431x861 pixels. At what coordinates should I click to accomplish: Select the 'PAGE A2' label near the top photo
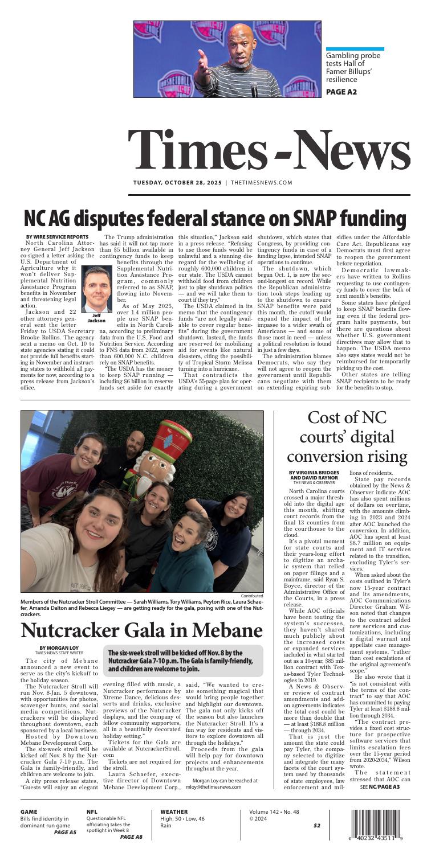[341, 91]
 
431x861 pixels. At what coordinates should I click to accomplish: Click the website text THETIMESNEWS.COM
[261, 183]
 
